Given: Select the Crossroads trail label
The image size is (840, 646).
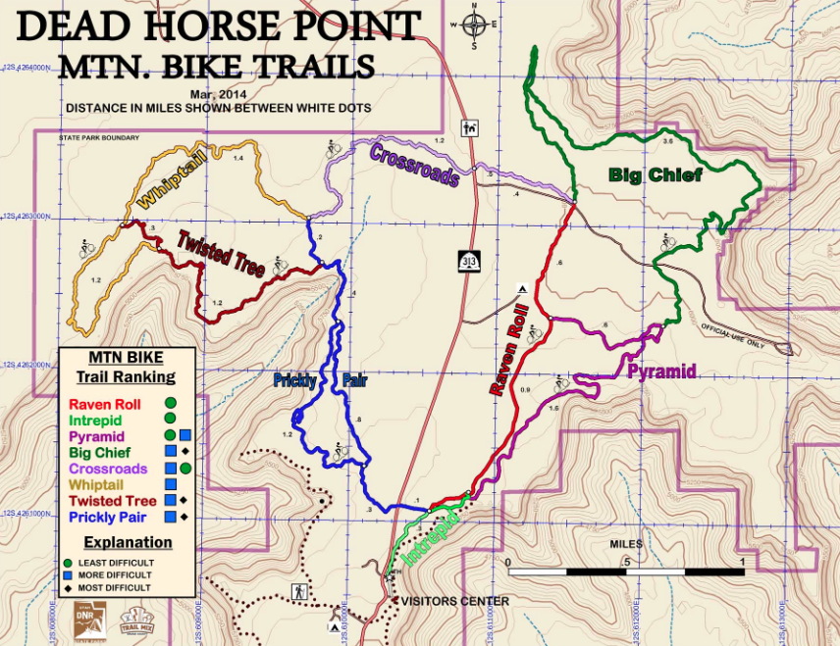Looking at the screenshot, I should coord(414,164).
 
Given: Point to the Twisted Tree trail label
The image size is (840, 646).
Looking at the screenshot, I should coord(221,253).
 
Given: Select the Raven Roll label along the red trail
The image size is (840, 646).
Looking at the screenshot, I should coord(507,349).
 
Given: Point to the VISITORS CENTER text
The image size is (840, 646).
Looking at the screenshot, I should coord(451,601).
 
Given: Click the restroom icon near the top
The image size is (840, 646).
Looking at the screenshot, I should coord(469,126).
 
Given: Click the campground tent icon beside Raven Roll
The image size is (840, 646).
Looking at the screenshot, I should coord(523,289).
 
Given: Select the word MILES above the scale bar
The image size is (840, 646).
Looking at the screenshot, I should coord(625,544).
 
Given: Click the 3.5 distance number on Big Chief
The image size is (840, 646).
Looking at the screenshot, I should coord(668,142).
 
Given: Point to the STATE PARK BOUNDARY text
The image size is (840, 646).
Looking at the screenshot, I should coord(99,138).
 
